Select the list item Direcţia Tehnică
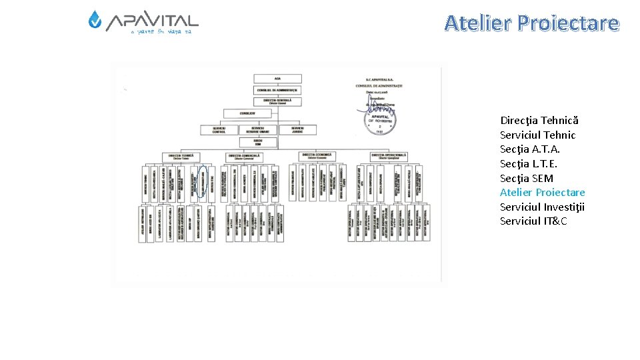click(539, 121)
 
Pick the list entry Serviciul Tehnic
click(537, 135)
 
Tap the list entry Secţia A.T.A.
click(529, 149)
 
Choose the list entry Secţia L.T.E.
click(529, 164)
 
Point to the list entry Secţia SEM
click(526, 178)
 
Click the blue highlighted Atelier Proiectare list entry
click(542, 193)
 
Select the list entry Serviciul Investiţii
click(542, 207)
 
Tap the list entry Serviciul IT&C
click(533, 221)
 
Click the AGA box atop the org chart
click(277, 79)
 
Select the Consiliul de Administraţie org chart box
click(277, 89)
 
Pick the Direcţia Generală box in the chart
click(277, 101)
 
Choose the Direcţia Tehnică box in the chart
click(181, 157)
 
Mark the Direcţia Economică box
click(316, 156)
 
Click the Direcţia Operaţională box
click(389, 157)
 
